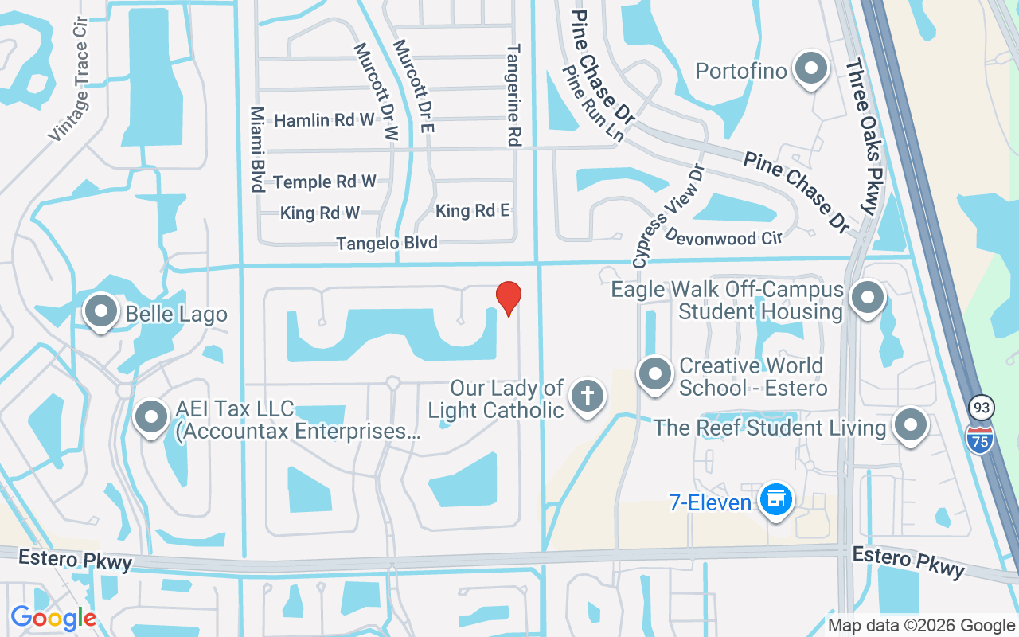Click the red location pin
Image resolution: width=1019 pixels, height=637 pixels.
[x=509, y=298]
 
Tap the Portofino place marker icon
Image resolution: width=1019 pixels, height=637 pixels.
[x=811, y=69]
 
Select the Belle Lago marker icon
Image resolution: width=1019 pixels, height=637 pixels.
[x=101, y=311]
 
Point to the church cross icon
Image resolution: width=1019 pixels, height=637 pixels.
[x=588, y=396]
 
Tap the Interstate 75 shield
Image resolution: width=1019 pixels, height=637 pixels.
[x=980, y=439]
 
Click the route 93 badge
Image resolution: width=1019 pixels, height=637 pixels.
[x=982, y=408]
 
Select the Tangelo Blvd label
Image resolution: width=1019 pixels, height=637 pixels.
[x=387, y=243]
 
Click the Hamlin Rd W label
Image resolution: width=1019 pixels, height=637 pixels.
[x=324, y=120]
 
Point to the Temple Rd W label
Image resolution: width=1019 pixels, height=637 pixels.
[x=325, y=182]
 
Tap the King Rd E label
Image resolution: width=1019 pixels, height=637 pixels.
[x=473, y=210]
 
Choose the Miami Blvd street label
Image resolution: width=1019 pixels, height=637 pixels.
[x=257, y=150]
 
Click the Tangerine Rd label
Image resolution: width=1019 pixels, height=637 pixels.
[x=513, y=94]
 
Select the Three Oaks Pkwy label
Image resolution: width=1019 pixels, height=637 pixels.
[x=861, y=136]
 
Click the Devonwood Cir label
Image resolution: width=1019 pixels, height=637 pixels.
[x=724, y=237]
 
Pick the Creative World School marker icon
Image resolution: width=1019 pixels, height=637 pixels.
[x=655, y=373]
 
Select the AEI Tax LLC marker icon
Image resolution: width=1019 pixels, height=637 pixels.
[x=150, y=416]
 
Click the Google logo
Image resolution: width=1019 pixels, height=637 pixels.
[x=53, y=618]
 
